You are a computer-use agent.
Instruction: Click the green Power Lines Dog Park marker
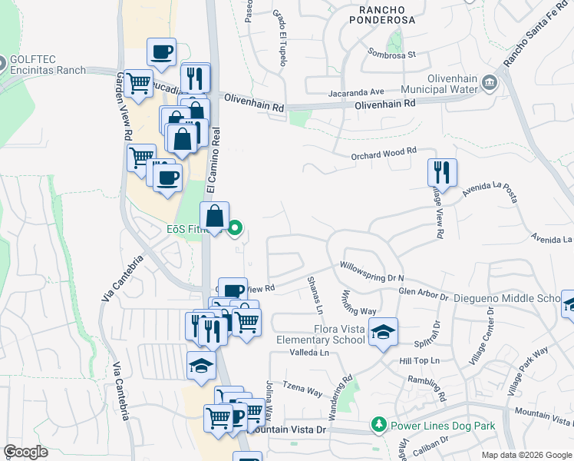378,425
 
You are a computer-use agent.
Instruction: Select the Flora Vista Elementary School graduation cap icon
383,332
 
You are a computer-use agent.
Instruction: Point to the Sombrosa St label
391,55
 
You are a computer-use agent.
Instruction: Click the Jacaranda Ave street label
355,91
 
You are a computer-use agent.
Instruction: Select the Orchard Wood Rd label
384,151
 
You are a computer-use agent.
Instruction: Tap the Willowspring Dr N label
371,276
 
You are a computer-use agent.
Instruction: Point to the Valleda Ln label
308,353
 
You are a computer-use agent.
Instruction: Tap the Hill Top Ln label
418,360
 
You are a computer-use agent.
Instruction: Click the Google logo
25,452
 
